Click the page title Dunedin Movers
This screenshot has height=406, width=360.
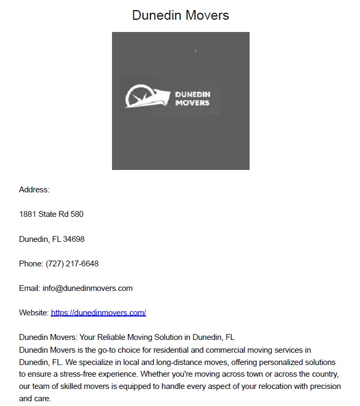[x=180, y=15]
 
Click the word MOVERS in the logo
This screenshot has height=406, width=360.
[x=193, y=102]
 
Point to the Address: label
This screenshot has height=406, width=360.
[x=34, y=190]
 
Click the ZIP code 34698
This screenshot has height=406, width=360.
[x=74, y=239]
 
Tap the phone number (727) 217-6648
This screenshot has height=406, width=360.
[x=72, y=264]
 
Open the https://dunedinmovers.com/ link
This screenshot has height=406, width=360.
[x=98, y=313]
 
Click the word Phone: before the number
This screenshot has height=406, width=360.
[x=31, y=264]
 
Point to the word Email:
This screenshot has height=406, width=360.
[x=30, y=288]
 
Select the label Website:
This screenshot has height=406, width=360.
[x=34, y=313]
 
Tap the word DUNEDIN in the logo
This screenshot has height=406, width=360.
[x=193, y=94]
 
